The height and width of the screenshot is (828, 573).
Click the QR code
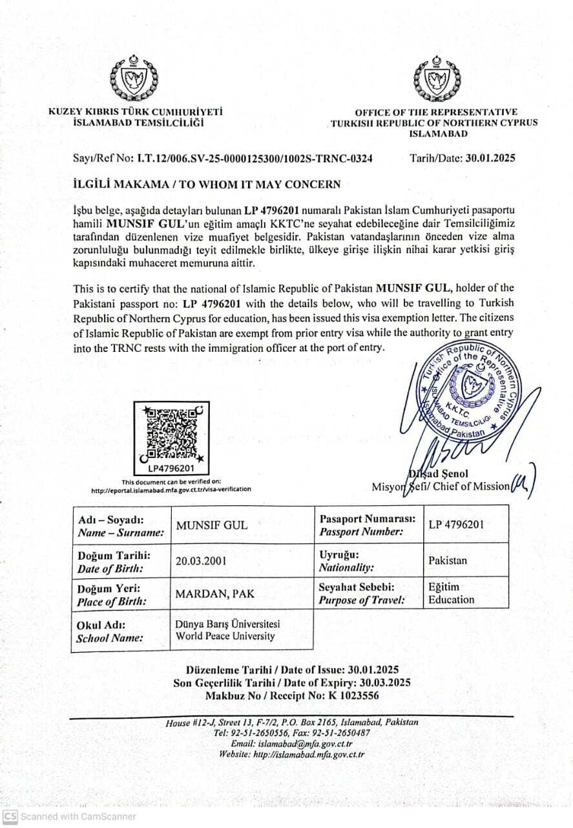pyautogui.click(x=172, y=431)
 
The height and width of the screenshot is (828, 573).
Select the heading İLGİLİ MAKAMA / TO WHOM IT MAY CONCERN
pyautogui.click(x=207, y=184)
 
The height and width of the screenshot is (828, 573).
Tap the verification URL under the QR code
pyautogui.click(x=171, y=490)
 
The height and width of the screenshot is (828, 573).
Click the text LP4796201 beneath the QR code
pyautogui.click(x=171, y=468)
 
